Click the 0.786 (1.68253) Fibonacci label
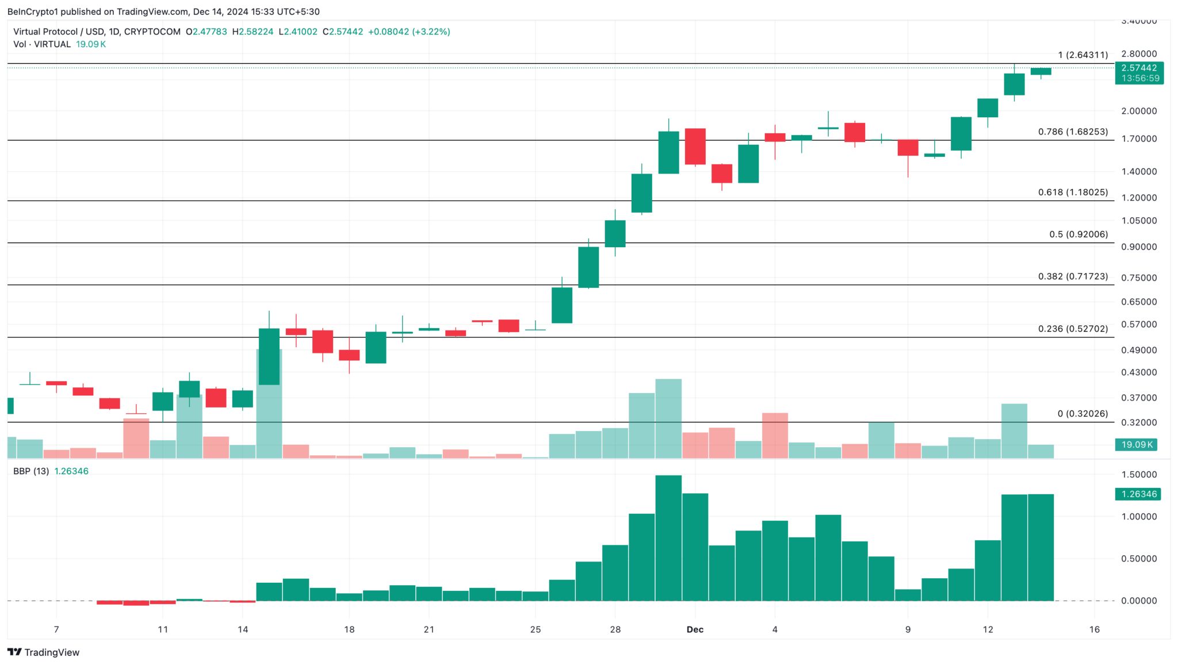[x=1073, y=132]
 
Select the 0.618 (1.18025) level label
[x=1073, y=192]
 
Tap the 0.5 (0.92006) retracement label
[x=1078, y=234]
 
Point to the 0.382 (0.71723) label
[x=1073, y=276]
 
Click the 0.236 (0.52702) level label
[x=1073, y=329]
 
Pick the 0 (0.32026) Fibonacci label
[x=1083, y=414]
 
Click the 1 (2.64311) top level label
[x=1083, y=55]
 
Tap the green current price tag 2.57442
[x=1139, y=68]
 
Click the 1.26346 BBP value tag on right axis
[x=1138, y=494]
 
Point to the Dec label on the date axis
[x=695, y=629]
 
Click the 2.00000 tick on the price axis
[x=1139, y=111]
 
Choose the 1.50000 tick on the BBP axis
[x=1139, y=475]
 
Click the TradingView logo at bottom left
[x=44, y=652]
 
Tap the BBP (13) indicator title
[x=31, y=471]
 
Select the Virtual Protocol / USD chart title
[x=97, y=32]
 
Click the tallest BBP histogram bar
[x=668, y=537]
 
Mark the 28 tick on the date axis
[x=615, y=629]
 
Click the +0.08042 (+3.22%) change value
[x=409, y=32]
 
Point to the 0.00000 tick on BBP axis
[x=1139, y=601]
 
